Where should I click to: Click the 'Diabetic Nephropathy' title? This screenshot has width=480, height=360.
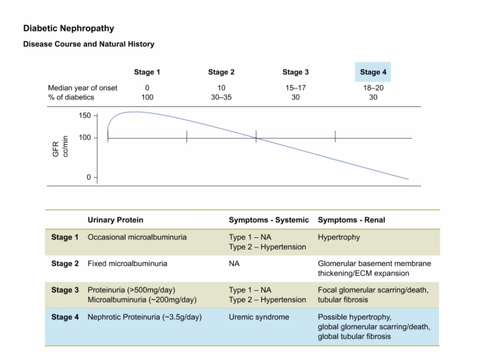point(69,29)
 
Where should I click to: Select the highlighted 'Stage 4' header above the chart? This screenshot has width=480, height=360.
point(373,72)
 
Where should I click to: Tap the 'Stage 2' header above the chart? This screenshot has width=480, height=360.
point(221,72)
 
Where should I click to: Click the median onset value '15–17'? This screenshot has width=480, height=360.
point(296,88)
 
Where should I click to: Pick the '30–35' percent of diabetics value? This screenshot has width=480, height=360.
point(221,97)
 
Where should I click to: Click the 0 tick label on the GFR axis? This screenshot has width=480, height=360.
point(88,177)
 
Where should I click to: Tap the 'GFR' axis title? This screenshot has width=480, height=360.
point(56,149)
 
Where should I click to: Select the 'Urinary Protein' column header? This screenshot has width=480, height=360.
point(115,220)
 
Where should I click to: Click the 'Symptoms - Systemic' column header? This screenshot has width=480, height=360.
point(269,220)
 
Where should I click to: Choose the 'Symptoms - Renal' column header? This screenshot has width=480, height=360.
point(351,220)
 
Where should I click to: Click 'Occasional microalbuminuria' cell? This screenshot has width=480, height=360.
point(137,237)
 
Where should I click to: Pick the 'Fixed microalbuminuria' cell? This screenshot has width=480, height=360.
point(128,263)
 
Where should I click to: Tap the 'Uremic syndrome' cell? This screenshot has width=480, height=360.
point(259,317)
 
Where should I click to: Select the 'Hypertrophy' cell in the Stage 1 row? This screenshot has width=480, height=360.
point(339,237)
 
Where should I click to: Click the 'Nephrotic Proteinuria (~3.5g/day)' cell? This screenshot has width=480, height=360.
point(145,317)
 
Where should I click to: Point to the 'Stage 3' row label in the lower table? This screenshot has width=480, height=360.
point(65,290)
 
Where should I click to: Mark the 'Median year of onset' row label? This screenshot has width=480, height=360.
point(83,88)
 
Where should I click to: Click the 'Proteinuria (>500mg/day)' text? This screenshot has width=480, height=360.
point(132,290)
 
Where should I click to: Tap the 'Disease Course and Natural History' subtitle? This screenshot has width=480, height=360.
point(88,44)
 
